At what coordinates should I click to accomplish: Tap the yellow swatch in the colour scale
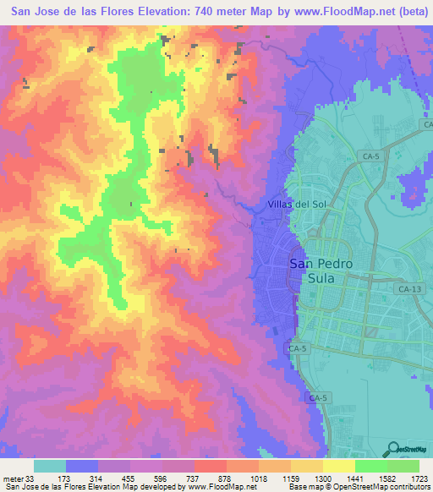[339, 466]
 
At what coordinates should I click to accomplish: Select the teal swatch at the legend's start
[50, 466]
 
